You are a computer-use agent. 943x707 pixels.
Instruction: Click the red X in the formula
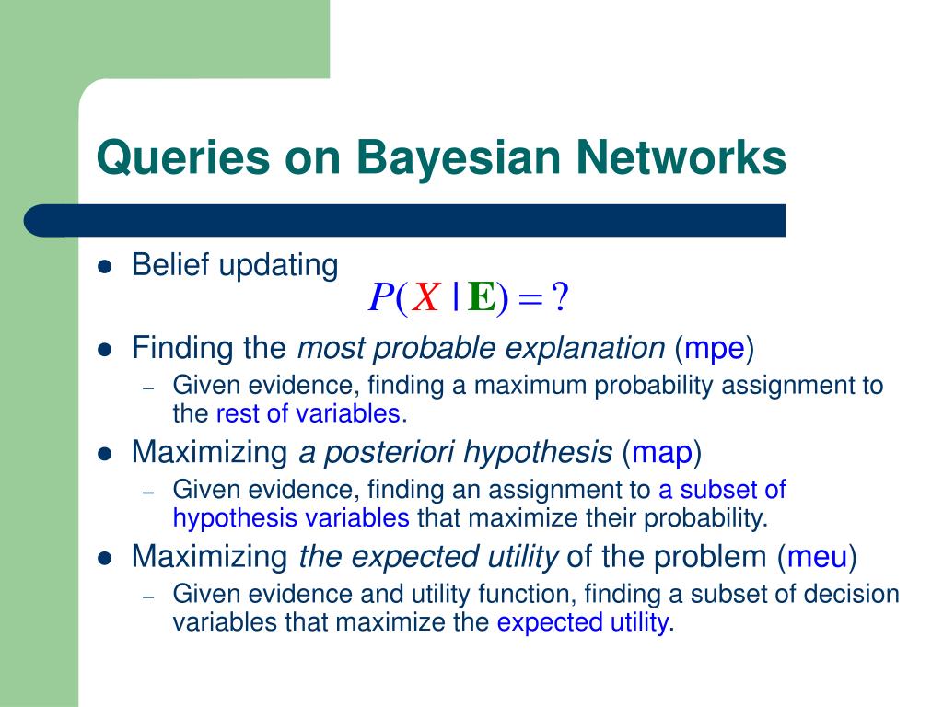tap(425, 297)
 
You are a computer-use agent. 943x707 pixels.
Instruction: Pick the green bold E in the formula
tap(481, 297)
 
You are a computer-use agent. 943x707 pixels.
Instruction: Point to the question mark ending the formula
tap(560, 297)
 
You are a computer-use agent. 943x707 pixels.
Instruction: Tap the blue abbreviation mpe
tap(714, 349)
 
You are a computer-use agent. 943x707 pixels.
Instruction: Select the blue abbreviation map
tap(661, 453)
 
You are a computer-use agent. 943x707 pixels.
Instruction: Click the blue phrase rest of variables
tap(309, 413)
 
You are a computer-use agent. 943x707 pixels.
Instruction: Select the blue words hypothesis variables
tap(291, 518)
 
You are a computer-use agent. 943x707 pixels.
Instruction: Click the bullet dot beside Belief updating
tap(105, 267)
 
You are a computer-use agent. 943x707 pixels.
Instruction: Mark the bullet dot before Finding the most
tap(105, 350)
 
